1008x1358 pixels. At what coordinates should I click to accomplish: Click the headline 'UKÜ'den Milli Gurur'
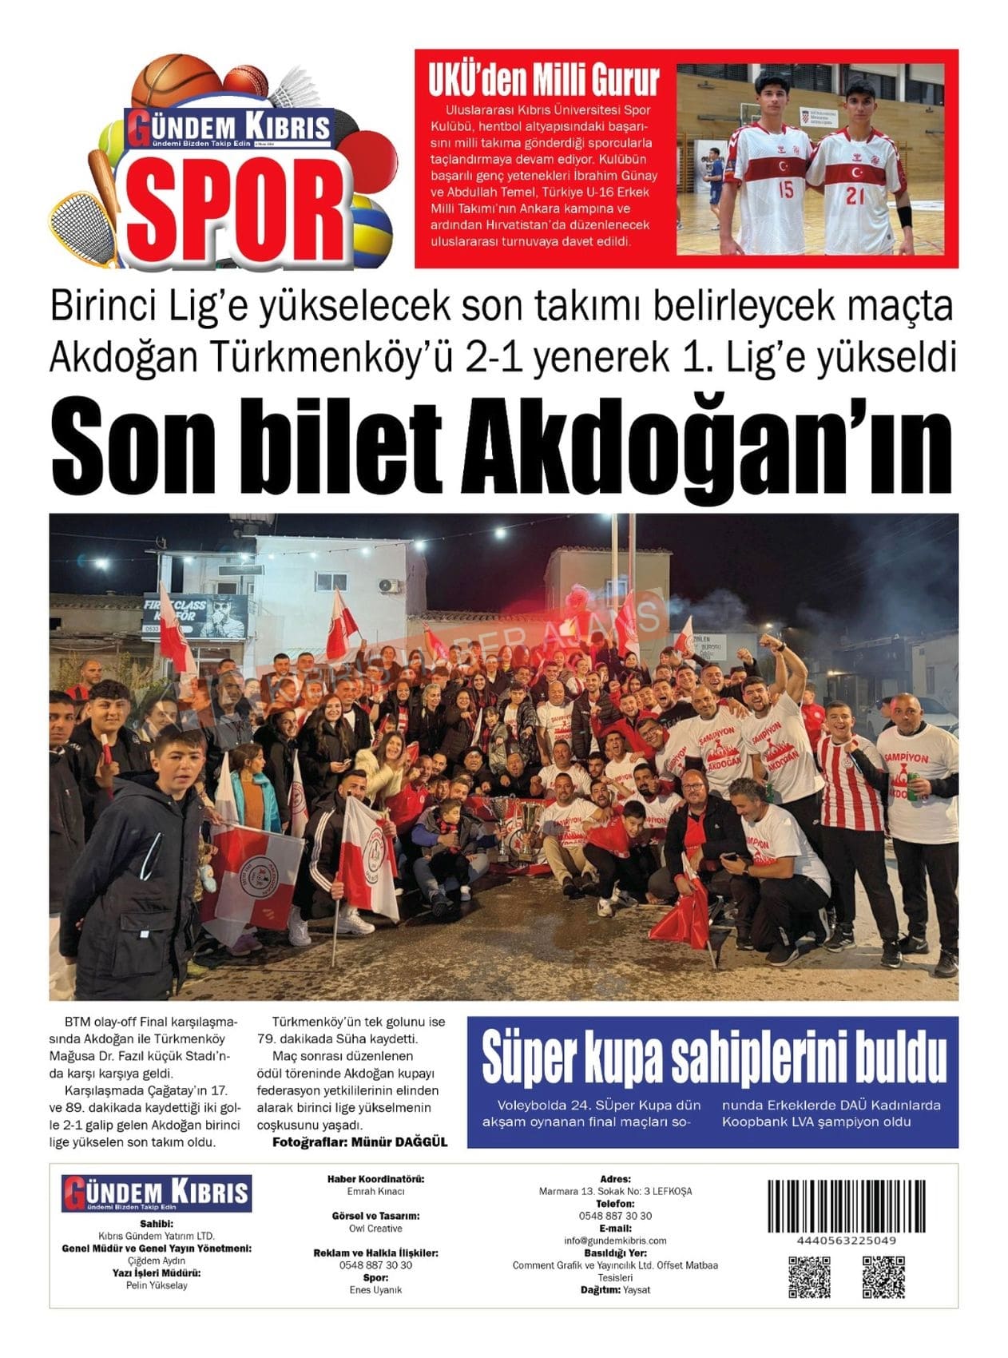pos(544,81)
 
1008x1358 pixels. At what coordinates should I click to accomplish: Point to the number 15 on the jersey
pos(786,190)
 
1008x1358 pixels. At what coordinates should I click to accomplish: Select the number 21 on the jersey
pos(855,195)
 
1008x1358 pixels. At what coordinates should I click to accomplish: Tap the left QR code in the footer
pos(809,1277)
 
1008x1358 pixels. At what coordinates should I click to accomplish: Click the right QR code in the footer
pos(883,1277)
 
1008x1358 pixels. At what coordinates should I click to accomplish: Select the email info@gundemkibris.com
pos(615,1241)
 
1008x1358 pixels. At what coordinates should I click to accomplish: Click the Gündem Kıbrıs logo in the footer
pos(157,1193)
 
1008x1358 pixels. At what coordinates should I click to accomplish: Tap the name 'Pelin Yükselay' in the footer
pos(157,1285)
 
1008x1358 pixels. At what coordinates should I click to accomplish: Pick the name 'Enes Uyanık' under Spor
pos(375,1290)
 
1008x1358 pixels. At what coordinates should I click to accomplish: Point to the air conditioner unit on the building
pos(390,586)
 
